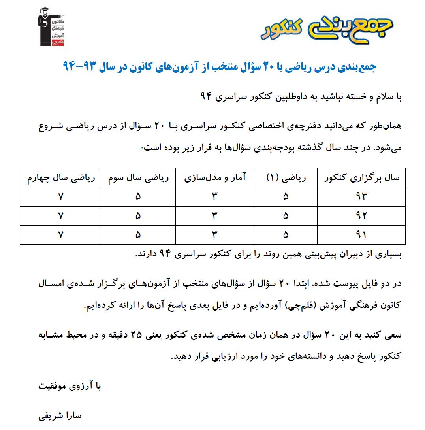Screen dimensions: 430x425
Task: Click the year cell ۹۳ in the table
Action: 361,196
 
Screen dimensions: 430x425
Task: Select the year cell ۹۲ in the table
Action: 361,216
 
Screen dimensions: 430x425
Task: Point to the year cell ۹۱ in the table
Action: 361,235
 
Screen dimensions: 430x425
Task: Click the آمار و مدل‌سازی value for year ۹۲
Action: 215,216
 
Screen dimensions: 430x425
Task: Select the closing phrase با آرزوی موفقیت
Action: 70,386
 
